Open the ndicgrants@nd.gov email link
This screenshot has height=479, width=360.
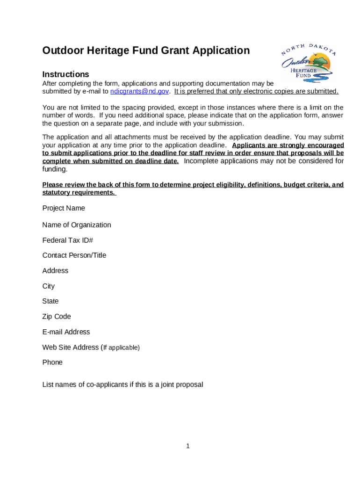[140, 91]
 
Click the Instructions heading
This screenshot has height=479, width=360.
[65, 74]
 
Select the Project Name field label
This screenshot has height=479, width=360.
[64, 208]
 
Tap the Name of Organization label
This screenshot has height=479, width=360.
[77, 225]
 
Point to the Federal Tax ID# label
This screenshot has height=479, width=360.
[68, 240]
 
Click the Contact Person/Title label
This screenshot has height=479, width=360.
[74, 255]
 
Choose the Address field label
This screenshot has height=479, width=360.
[55, 271]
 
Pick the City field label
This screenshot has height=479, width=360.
[49, 286]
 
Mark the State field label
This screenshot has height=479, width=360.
[50, 301]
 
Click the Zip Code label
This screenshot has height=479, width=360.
[57, 317]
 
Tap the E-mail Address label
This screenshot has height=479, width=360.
[66, 332]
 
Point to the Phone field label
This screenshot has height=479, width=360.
[52, 363]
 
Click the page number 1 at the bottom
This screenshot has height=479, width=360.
[187, 446]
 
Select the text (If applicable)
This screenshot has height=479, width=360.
[121, 348]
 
